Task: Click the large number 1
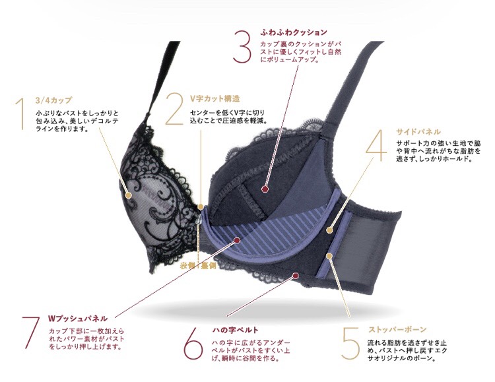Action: pyautogui.click(x=21, y=113)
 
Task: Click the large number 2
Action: pyautogui.click(x=174, y=109)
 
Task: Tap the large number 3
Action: pyautogui.click(x=242, y=47)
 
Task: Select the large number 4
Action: pyautogui.click(x=376, y=146)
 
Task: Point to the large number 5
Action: pyautogui.click(x=350, y=344)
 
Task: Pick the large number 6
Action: pyautogui.click(x=193, y=344)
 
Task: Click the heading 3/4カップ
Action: pyautogui.click(x=53, y=100)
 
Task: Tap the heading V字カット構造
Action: pyautogui.click(x=214, y=98)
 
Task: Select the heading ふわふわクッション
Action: pyautogui.click(x=294, y=32)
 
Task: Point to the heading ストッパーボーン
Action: pyautogui.click(x=397, y=330)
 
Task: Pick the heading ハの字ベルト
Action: pyautogui.click(x=235, y=330)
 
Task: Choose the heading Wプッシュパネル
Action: pyautogui.click(x=77, y=319)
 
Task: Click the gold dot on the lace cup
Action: pyautogui.click(x=128, y=196)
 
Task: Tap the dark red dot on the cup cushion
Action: pyautogui.click(x=265, y=189)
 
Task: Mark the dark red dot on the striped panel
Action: pyautogui.click(x=236, y=241)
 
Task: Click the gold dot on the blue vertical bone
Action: pyautogui.click(x=329, y=256)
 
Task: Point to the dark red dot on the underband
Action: pyautogui.click(x=295, y=276)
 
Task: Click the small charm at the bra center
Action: pyautogui.click(x=200, y=220)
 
